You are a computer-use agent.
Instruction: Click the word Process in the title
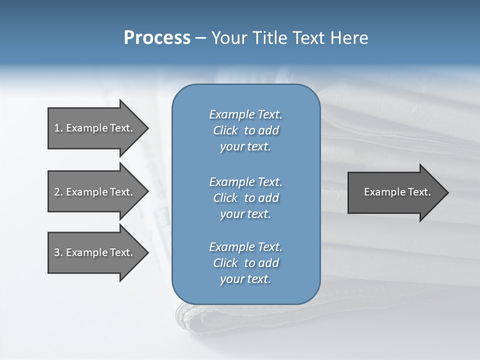click(x=157, y=38)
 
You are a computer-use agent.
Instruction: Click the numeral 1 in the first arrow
click(x=57, y=128)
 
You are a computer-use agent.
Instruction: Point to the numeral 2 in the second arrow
click(x=57, y=192)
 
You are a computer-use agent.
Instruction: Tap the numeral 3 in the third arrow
click(x=57, y=252)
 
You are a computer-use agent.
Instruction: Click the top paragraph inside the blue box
click(x=245, y=130)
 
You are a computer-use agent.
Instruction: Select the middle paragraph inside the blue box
click(x=245, y=198)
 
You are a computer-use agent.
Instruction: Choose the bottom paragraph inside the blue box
click(x=245, y=263)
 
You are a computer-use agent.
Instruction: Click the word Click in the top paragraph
click(x=225, y=130)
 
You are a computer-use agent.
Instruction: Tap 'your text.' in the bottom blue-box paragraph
click(x=245, y=279)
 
